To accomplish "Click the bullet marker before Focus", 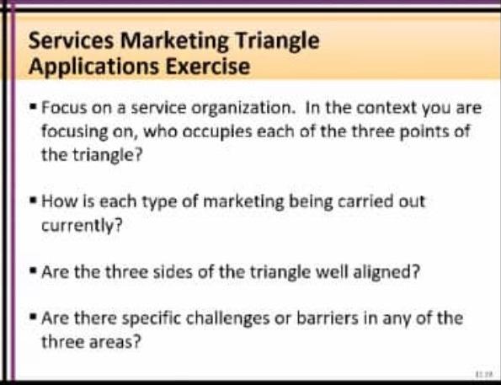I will pyautogui.click(x=33, y=110).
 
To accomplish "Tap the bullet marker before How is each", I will pyautogui.click(x=33, y=202).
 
